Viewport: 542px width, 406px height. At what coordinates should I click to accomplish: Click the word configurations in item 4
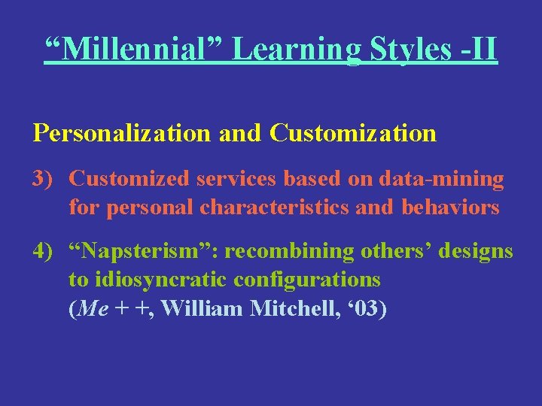[307, 280]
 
